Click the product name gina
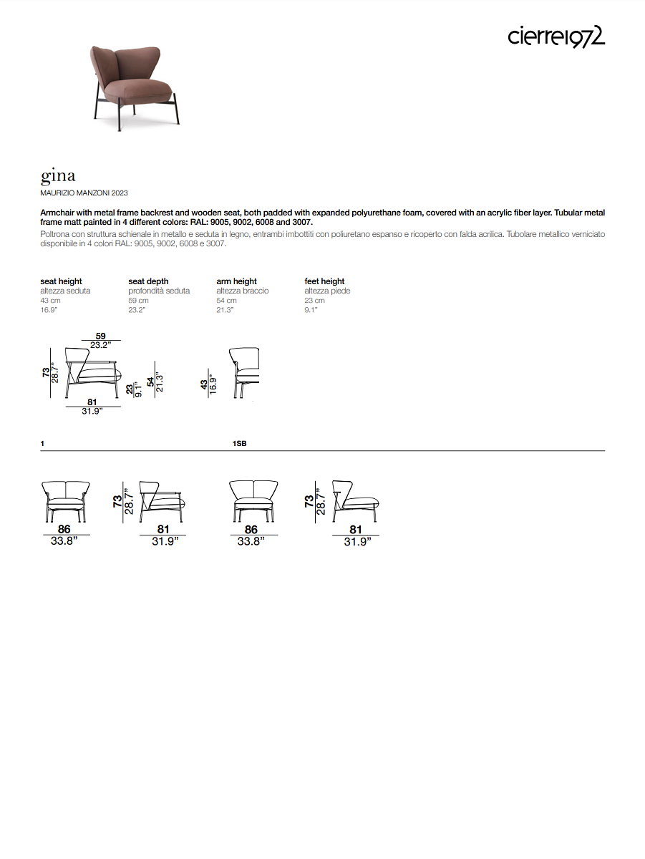[58, 175]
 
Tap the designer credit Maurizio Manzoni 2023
[84, 193]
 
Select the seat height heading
[61, 281]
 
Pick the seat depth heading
[148, 281]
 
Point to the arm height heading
[236, 281]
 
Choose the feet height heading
[324, 281]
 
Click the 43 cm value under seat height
[50, 301]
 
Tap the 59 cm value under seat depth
[138, 301]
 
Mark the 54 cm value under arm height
[226, 301]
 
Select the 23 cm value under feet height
[314, 301]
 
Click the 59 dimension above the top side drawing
[101, 336]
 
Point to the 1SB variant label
[239, 444]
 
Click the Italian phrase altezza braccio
[242, 291]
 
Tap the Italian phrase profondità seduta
[159, 291]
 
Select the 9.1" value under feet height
[311, 310]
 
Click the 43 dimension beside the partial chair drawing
[205, 384]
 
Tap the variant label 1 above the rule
[42, 444]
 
